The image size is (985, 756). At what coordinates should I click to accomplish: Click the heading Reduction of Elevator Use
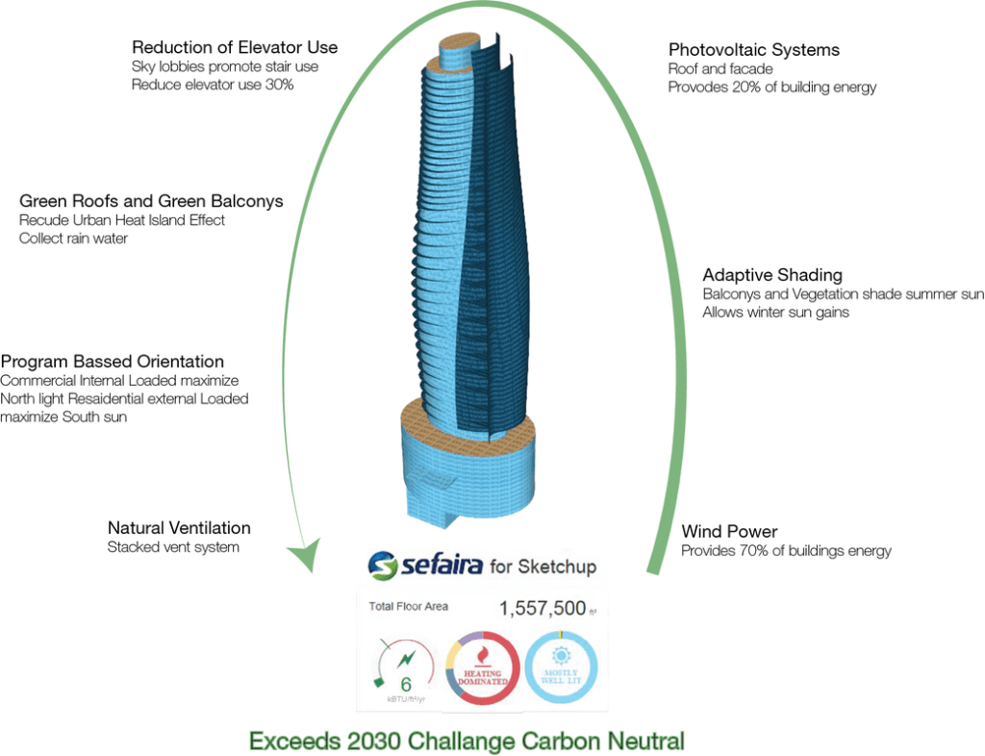point(235,47)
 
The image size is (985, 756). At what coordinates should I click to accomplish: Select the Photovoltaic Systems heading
point(753,50)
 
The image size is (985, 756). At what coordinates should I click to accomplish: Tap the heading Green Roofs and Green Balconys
point(151,201)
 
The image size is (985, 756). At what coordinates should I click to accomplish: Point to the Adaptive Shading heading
point(772,275)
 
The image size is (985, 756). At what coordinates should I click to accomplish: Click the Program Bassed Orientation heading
point(113,362)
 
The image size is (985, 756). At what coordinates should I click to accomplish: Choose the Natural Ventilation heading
point(179,528)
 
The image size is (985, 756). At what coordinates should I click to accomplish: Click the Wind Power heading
point(729,532)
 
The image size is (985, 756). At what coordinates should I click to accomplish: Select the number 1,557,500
point(542,609)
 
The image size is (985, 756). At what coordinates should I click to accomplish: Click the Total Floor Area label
point(409,607)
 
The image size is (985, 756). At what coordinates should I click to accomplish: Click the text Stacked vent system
point(173,547)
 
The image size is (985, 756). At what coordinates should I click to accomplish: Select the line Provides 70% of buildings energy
point(786,551)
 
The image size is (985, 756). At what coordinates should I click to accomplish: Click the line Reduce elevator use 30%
point(212,85)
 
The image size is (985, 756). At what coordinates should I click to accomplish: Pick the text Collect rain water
point(73,238)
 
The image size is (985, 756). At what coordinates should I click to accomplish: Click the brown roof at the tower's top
point(465,43)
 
